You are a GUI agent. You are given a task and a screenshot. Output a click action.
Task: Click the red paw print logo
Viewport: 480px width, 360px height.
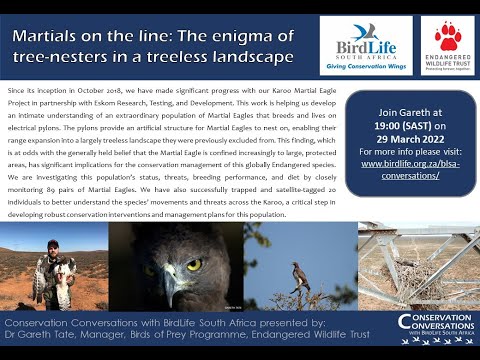click(x=446, y=36)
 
